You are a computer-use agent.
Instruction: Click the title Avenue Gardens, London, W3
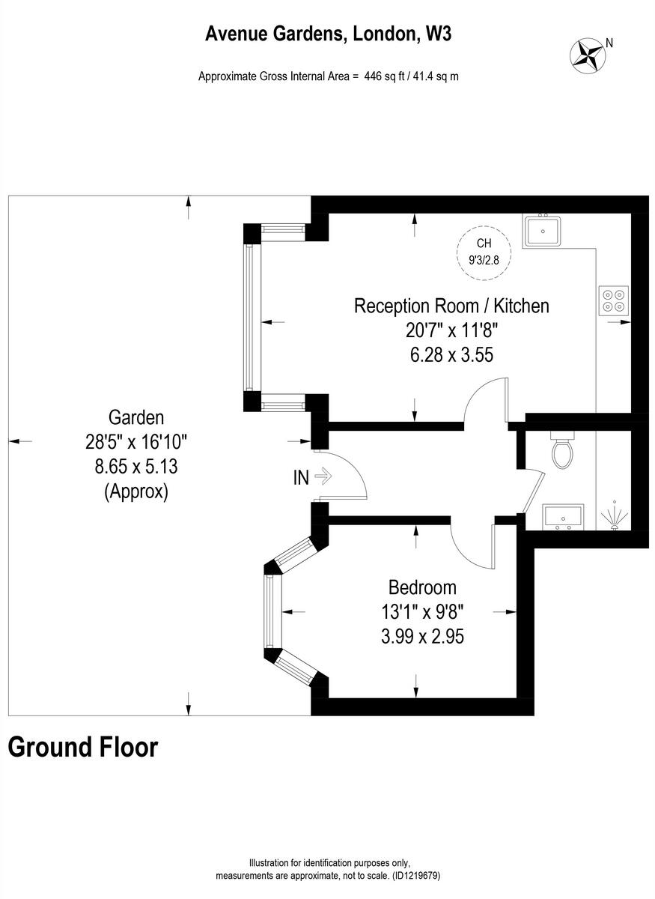329,33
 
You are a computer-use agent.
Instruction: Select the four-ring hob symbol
613,299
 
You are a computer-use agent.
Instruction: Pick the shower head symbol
615,515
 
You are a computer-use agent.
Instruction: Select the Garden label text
135,417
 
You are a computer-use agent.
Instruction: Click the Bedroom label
421,587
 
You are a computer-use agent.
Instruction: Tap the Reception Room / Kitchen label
451,306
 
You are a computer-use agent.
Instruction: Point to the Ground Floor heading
83,747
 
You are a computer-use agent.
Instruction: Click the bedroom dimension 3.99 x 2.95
421,637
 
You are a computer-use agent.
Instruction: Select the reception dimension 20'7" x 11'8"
451,330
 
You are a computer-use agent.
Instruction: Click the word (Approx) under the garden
135,491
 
